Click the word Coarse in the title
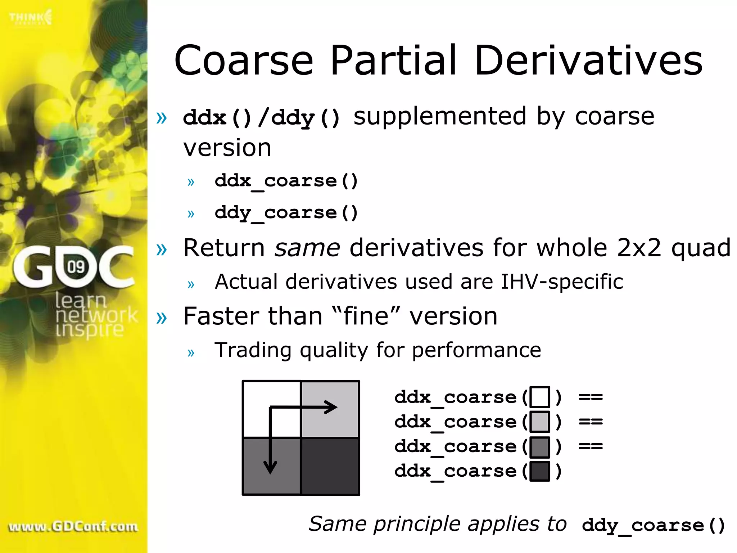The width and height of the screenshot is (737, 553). [x=244, y=60]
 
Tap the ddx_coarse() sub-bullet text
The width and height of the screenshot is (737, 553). [x=286, y=181]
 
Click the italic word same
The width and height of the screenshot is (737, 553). [x=307, y=248]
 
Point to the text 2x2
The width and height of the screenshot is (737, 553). [x=639, y=248]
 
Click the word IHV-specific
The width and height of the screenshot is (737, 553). [x=562, y=282]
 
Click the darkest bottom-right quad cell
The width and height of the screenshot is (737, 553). [x=330, y=467]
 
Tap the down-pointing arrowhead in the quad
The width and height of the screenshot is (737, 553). [x=270, y=467]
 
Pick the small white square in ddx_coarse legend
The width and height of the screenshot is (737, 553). [x=539, y=397]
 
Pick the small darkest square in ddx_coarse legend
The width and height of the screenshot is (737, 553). [x=539, y=471]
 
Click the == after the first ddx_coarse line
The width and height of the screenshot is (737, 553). [x=591, y=397]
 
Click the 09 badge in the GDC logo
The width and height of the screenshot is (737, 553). [x=76, y=267]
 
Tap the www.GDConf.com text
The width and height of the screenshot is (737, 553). [x=73, y=527]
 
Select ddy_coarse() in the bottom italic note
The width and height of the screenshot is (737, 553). [x=653, y=525]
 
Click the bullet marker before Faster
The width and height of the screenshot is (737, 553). [x=162, y=317]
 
